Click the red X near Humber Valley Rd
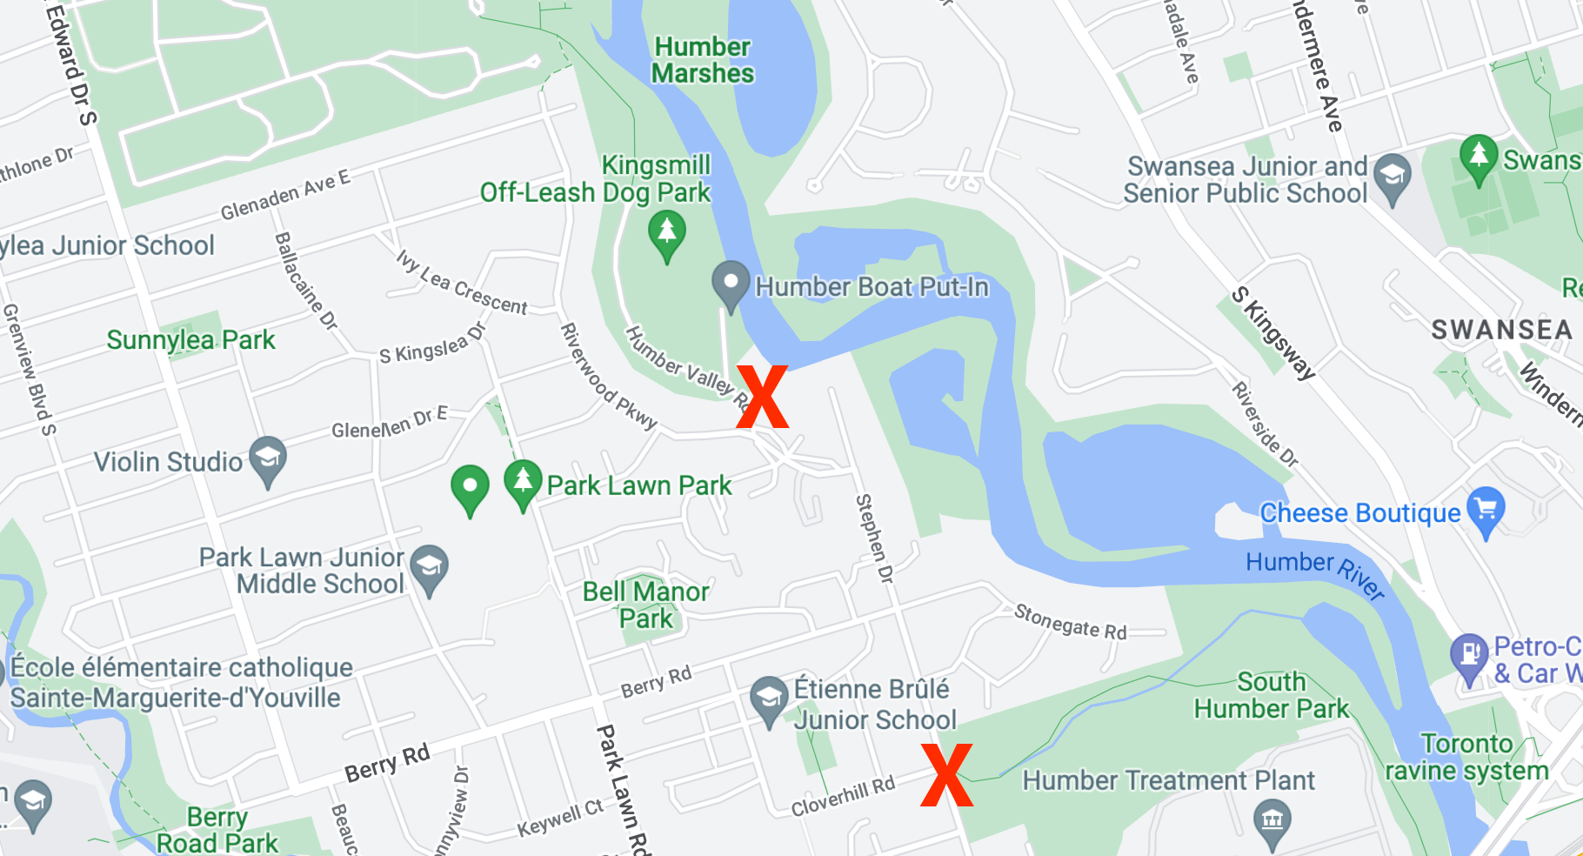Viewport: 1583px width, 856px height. tap(762, 397)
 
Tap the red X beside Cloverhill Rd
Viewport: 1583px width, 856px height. tap(946, 775)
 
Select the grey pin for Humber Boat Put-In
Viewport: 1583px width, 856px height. tap(731, 284)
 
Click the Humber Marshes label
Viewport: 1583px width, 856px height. tap(703, 60)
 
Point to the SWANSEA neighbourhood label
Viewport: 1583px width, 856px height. tap(1502, 331)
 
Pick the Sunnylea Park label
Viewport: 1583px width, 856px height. tap(190, 340)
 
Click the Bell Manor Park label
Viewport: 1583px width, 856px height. tap(646, 605)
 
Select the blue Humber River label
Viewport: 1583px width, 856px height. tap(1315, 572)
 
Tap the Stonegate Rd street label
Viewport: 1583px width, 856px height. tap(1070, 623)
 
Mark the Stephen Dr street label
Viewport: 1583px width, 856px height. tap(874, 538)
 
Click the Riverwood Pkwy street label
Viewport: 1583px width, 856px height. tap(607, 376)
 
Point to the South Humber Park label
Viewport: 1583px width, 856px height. tap(1271, 695)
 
